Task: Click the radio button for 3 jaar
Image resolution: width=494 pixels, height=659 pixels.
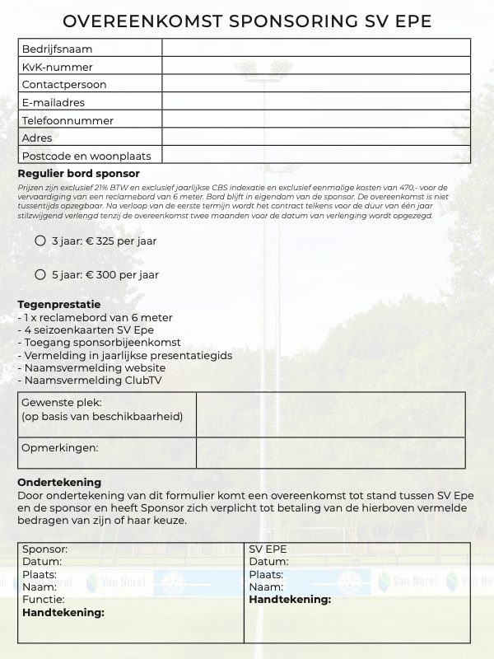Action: pos(40,241)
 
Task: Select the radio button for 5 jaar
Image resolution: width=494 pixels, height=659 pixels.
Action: pos(40,274)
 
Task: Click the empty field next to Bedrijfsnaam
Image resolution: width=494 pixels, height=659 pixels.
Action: pos(315,49)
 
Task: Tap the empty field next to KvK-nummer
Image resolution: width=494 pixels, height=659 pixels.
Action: pos(315,67)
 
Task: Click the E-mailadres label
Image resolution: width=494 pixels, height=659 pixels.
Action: pos(54,103)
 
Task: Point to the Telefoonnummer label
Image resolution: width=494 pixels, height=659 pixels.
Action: pos(68,121)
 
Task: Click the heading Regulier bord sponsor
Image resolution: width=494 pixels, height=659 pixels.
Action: pos(78,174)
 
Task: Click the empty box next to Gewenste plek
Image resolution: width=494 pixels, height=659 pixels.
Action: pos(330,414)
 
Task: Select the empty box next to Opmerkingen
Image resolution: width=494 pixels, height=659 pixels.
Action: pos(330,453)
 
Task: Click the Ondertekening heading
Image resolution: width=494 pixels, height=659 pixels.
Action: pos(59,482)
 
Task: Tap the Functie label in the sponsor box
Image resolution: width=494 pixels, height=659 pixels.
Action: pos(43,601)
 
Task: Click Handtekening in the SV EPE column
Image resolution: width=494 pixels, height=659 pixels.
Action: pos(290,600)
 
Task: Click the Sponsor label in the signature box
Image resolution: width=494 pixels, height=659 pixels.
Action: pos(44,549)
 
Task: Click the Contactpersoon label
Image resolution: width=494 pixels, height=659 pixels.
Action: pos(64,85)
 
